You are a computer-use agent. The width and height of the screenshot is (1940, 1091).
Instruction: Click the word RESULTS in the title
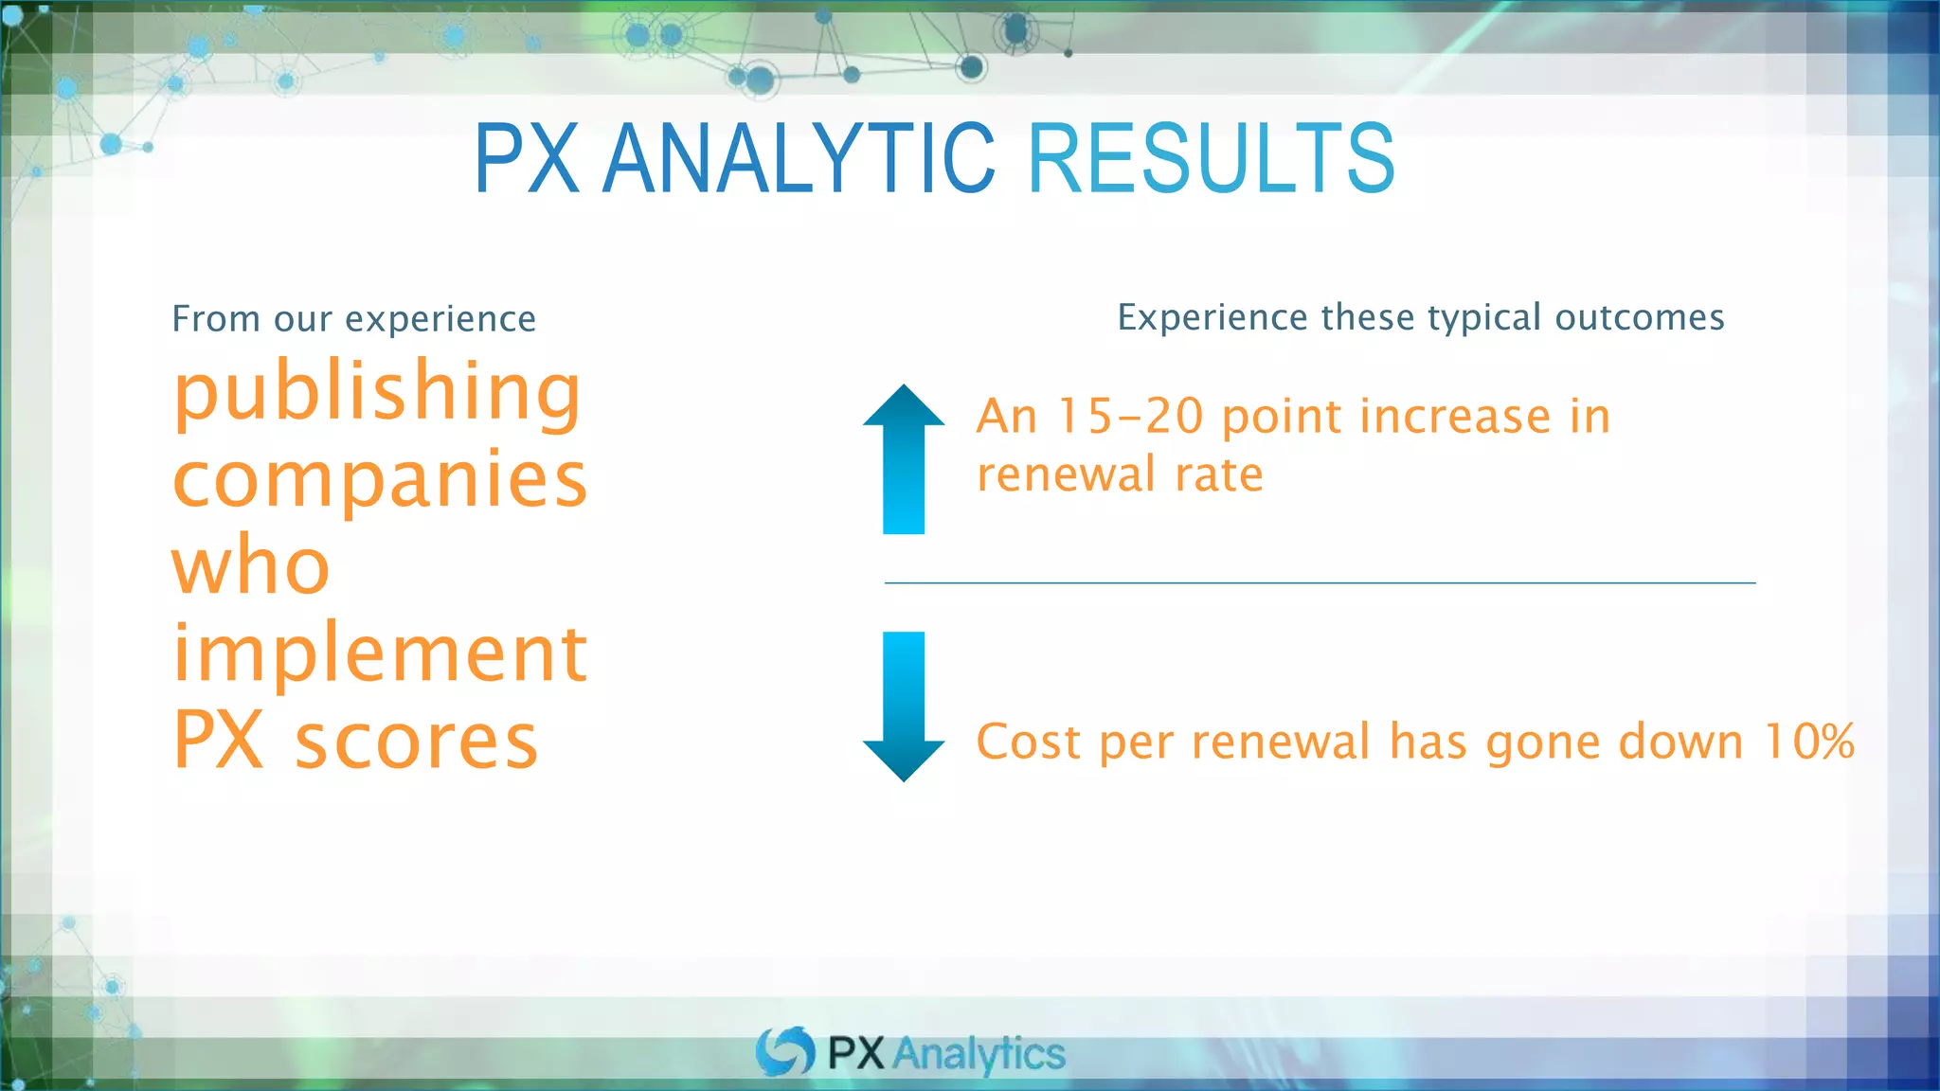[1211, 158]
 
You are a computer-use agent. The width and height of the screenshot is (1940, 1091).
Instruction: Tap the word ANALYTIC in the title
[799, 158]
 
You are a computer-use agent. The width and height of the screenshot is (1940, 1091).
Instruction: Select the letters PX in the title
[527, 158]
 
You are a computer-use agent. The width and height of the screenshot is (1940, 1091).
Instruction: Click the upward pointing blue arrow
[904, 459]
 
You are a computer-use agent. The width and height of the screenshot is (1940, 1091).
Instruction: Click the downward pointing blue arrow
[904, 706]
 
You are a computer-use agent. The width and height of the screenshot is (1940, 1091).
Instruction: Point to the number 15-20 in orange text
[1130, 417]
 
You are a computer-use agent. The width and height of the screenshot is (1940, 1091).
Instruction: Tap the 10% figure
[1809, 741]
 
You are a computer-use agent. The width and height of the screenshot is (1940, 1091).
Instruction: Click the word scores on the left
[417, 741]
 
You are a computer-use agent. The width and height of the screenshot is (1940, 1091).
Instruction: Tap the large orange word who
[251, 565]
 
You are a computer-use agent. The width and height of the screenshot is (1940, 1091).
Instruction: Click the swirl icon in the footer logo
[785, 1051]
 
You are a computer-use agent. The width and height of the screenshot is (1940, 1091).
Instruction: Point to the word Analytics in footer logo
[979, 1054]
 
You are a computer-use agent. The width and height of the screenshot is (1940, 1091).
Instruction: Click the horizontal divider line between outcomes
[1320, 583]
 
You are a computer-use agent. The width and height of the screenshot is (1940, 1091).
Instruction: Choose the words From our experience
[353, 319]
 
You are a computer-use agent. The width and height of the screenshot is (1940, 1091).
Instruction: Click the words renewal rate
[1120, 474]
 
